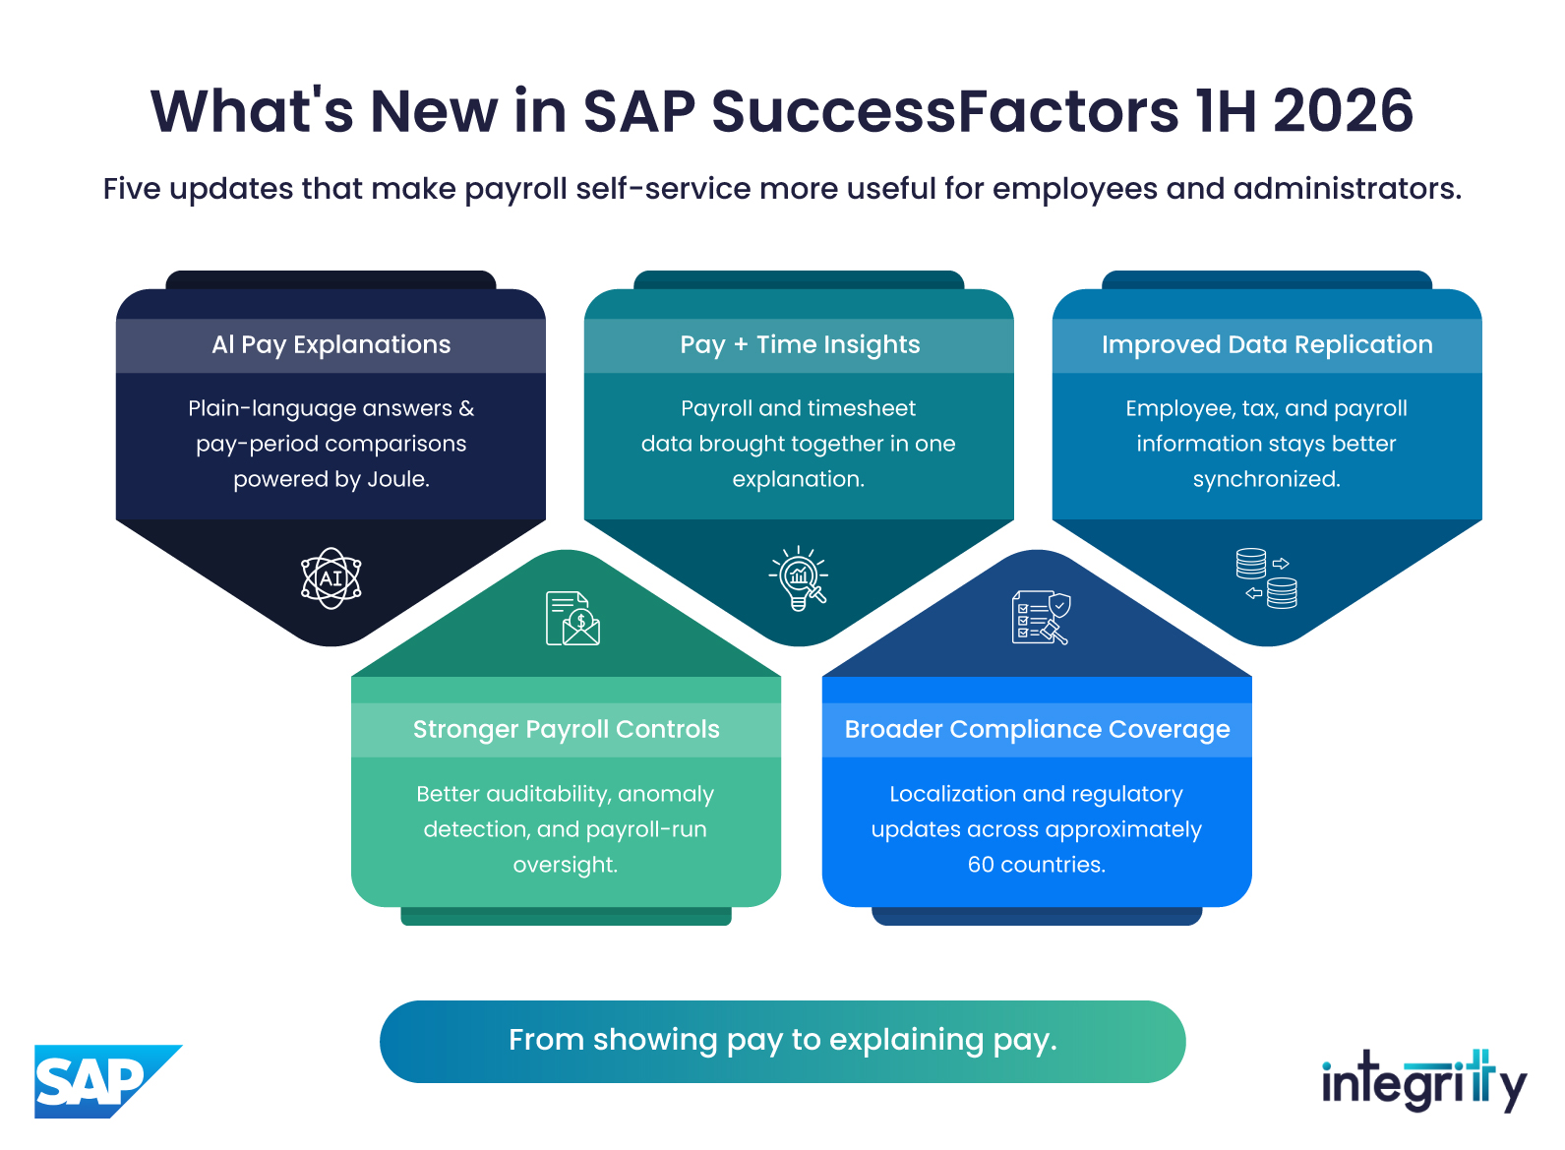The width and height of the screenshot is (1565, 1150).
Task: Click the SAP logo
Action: pos(107,1080)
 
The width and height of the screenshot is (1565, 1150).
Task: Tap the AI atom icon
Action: pos(331,578)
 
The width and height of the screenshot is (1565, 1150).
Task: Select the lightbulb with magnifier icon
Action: pos(799,578)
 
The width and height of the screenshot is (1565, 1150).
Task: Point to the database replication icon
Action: pos(1266,578)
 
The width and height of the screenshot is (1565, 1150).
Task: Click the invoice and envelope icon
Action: pos(572,619)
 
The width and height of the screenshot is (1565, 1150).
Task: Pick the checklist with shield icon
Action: pos(1041,619)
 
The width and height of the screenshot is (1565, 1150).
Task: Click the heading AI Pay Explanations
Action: pos(331,344)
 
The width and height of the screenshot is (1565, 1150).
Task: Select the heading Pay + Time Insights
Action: pos(800,344)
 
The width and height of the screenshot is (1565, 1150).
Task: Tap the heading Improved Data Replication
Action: pos(1267,344)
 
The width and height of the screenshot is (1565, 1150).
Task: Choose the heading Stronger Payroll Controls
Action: pos(566,729)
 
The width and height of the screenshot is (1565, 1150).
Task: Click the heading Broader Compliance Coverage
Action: pos(1038,729)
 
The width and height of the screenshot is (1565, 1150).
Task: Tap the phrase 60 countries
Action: pos(1037,865)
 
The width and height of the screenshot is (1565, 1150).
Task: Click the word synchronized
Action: pos(1267,479)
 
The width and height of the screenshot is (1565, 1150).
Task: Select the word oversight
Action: pos(566,866)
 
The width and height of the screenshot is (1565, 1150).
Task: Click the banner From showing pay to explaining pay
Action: pos(783,1042)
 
